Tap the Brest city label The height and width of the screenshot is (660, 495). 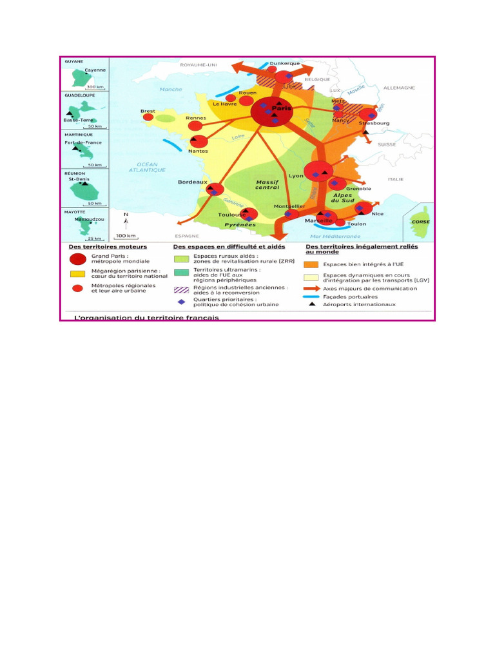pos(148,111)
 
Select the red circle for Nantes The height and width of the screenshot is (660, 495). pos(199,142)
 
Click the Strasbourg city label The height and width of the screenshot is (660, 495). pos(375,122)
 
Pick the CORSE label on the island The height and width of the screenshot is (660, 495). pos(420,222)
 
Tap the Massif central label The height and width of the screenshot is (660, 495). pos(267,184)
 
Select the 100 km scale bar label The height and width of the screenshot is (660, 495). pos(125,235)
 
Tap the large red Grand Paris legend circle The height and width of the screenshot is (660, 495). pos(78,259)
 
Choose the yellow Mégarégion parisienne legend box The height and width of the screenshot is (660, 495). pos(78,273)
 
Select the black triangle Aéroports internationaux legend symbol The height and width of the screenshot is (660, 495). pos(311,304)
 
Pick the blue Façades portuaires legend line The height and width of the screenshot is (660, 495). pos(311,296)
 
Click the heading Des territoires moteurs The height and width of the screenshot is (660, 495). pos(108,246)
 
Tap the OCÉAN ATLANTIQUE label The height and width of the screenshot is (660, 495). pos(147,167)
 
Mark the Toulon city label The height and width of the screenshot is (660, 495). pos(356,224)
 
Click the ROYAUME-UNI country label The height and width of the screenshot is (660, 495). pos(200,65)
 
